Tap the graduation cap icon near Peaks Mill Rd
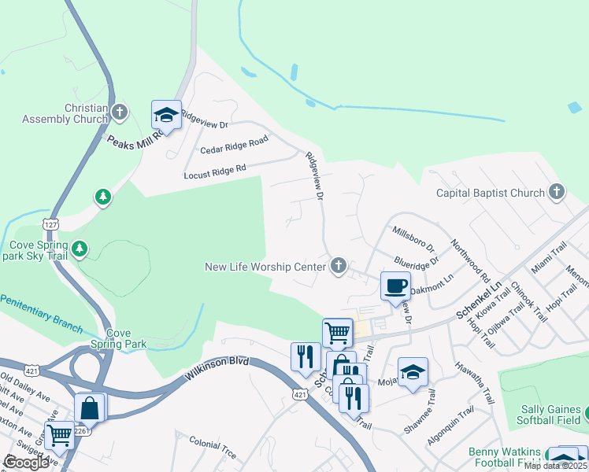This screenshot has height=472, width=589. click(x=166, y=115)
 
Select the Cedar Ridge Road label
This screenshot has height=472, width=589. click(x=234, y=145)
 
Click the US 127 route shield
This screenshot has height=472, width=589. click(x=51, y=224)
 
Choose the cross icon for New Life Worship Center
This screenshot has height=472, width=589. click(x=339, y=266)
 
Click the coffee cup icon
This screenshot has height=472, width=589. click(x=395, y=286)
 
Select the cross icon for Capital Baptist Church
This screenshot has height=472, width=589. click(x=557, y=192)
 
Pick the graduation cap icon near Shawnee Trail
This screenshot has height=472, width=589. click(x=413, y=372)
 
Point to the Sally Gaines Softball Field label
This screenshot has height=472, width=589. click(x=550, y=416)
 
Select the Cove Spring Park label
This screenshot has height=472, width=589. click(x=127, y=338)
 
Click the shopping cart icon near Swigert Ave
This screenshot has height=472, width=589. click(x=59, y=435)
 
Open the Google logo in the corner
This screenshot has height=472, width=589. click(x=26, y=463)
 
